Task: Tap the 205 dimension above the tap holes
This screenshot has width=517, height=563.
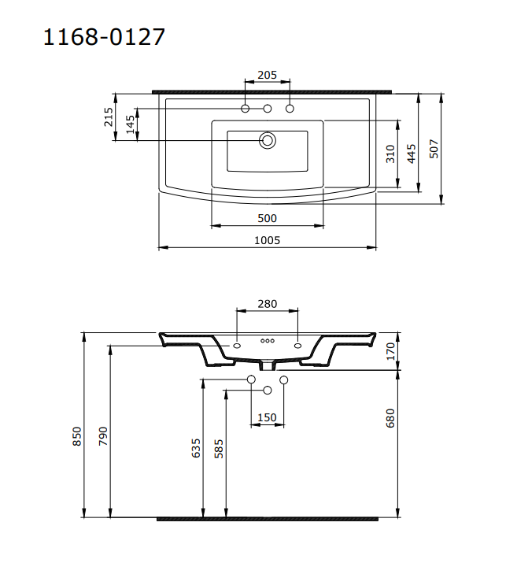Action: (x=267, y=75)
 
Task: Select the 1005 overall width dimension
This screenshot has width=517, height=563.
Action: (x=267, y=240)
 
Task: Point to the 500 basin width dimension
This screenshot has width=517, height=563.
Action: (x=267, y=218)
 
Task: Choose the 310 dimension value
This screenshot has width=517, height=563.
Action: (x=390, y=154)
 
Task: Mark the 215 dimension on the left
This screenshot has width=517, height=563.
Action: (x=109, y=118)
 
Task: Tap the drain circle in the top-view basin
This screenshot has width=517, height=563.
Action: (x=268, y=141)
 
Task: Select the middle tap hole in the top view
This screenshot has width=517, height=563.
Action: (x=268, y=108)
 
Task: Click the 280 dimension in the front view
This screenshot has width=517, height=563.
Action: (x=267, y=304)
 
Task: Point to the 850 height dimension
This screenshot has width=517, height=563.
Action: (x=77, y=437)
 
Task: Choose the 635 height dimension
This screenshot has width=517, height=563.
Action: (x=196, y=449)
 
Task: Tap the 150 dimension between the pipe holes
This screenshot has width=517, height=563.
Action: (x=267, y=417)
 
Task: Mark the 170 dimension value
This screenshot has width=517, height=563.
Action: (x=390, y=350)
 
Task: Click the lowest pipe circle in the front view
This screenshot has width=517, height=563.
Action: (x=268, y=391)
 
